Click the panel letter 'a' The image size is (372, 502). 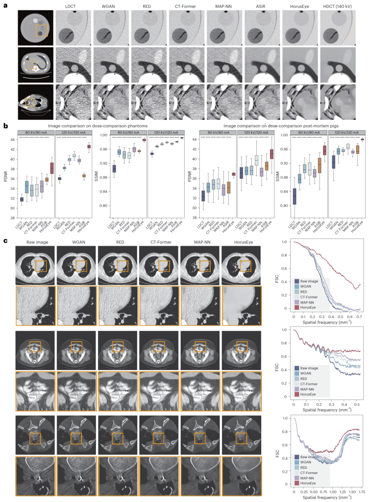coord(5,6)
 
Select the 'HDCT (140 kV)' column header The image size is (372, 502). coord(337,6)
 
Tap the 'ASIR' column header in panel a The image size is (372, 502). coord(260,6)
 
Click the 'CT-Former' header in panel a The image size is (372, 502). coord(185,6)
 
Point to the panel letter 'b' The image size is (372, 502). coord(6,126)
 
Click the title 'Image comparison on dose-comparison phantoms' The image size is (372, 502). coord(97,126)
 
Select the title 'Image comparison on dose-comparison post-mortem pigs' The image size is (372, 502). coord(281,126)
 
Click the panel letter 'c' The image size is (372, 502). coord(5,241)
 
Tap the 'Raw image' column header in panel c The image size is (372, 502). coord(37,242)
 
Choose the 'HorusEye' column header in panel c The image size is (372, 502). coord(244,242)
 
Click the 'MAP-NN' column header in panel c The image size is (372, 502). coord(202,242)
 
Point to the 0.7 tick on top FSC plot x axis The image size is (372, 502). coord(359,317)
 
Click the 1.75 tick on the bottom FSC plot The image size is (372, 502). coord(362,492)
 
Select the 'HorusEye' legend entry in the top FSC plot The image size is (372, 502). coord(308,308)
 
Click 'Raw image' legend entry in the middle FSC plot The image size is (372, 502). coord(309,368)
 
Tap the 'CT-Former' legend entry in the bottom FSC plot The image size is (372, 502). coord(309,473)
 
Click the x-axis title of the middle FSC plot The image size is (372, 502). coord(327,410)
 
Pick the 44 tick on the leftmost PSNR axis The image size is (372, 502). coord(12,140)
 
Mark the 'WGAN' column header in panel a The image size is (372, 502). coord(108,6)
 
